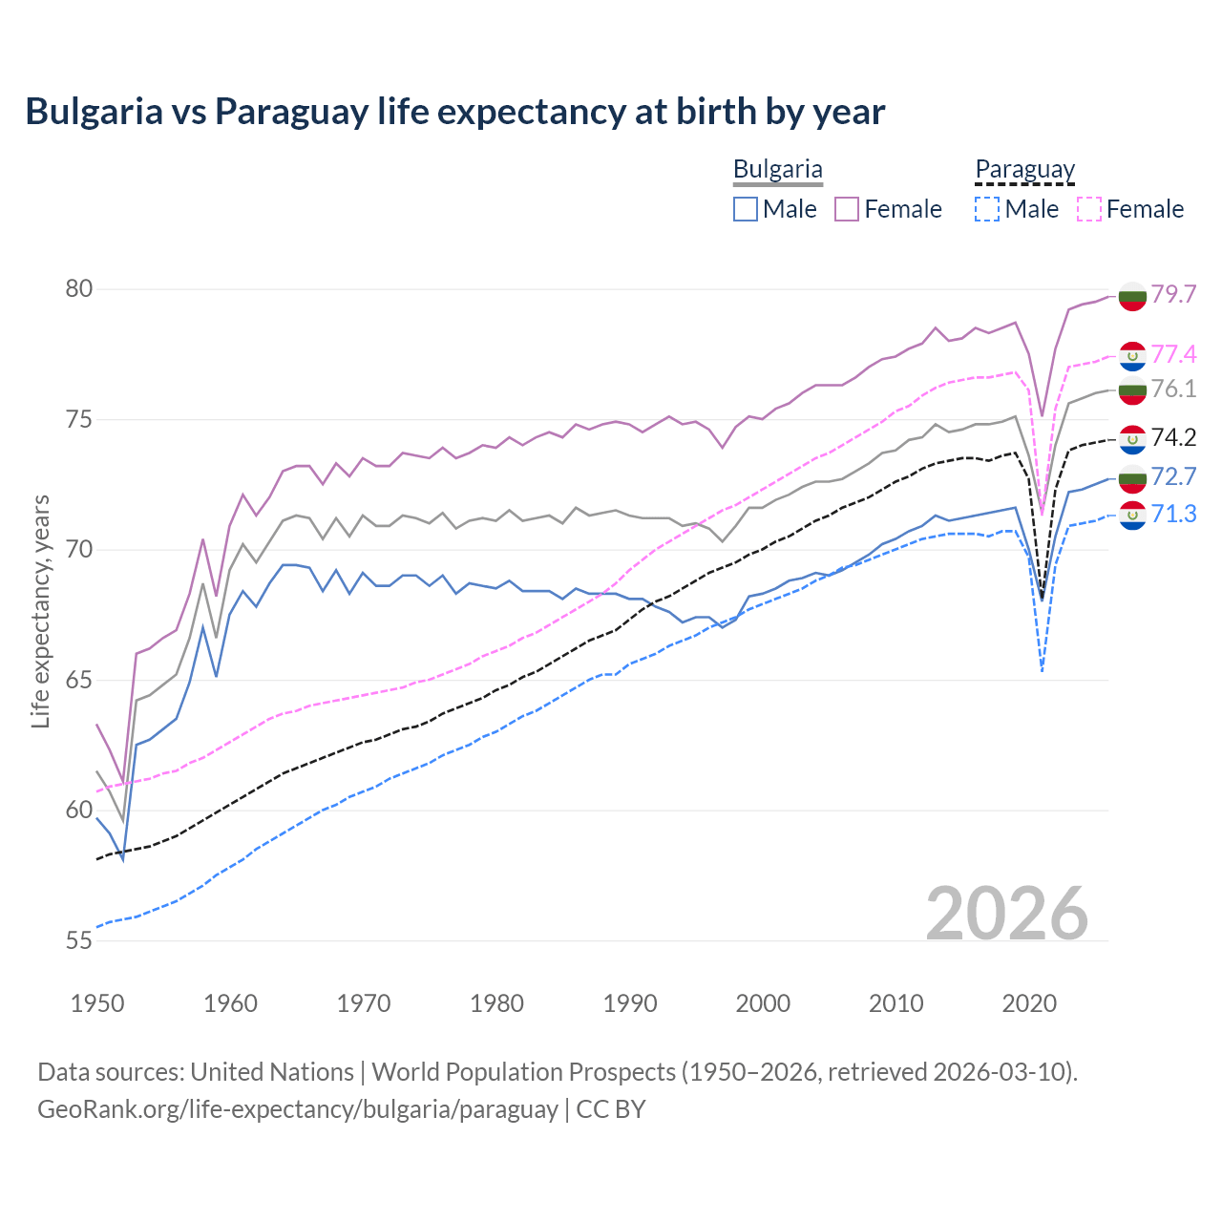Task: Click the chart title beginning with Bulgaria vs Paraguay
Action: [x=454, y=111]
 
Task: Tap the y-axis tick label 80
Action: [x=79, y=288]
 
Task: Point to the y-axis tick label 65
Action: [x=79, y=680]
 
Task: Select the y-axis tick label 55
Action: [x=79, y=940]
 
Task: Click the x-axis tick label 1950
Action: [x=97, y=1003]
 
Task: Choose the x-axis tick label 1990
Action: [x=630, y=1003]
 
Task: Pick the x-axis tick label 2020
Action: [x=1029, y=1003]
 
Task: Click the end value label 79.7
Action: [x=1173, y=294]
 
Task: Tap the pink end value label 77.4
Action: [x=1173, y=354]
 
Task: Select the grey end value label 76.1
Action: [x=1173, y=389]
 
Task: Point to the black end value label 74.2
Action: [x=1173, y=437]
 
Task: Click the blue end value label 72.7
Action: [x=1173, y=476]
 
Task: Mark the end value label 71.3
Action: [x=1173, y=515]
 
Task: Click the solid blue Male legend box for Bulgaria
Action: [x=746, y=209]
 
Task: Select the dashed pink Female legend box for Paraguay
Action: [x=1089, y=209]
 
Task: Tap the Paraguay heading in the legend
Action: [x=1024, y=170]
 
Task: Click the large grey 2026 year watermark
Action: [x=1006, y=914]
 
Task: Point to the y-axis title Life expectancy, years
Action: [x=40, y=611]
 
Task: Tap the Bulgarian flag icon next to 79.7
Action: [x=1132, y=295]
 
